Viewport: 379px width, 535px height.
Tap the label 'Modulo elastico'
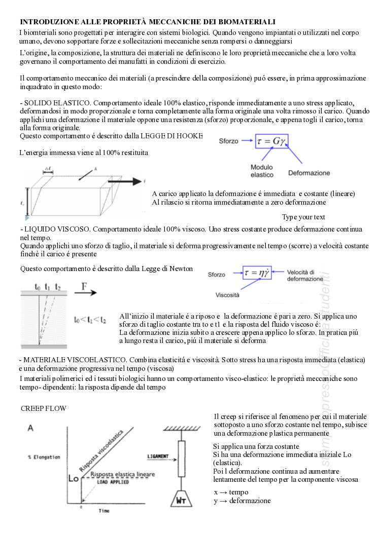click(262, 171)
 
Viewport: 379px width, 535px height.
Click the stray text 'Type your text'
click(303, 217)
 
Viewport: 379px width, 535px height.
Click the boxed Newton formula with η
click(260, 273)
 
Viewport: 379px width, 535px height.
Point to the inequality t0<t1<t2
click(90, 320)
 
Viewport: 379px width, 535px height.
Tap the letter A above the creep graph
click(31, 428)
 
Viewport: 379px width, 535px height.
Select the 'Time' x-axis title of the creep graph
click(104, 511)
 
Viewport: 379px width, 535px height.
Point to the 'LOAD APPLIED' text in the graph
click(113, 482)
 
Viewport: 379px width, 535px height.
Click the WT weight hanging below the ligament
click(183, 500)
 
